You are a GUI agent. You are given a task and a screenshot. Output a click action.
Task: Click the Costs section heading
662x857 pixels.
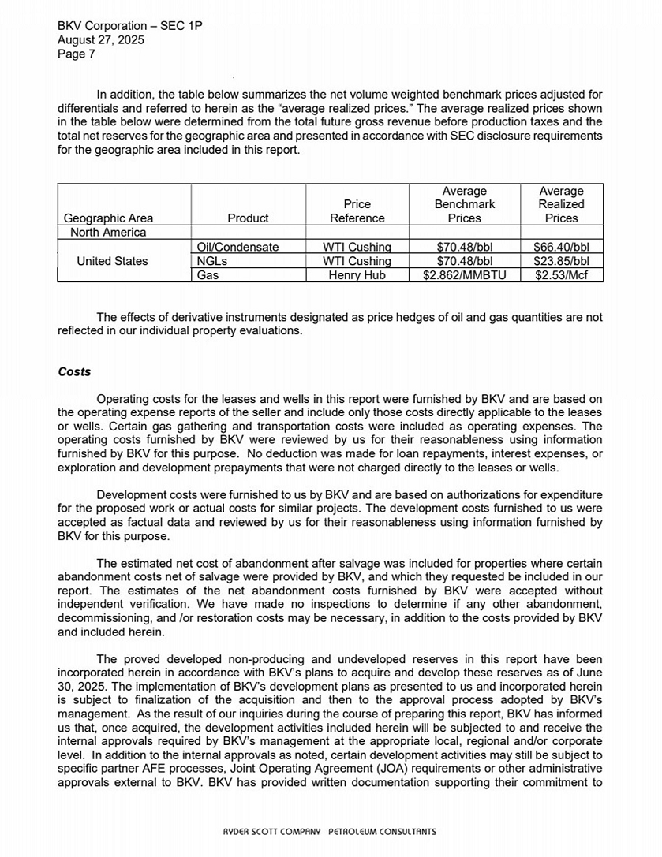74,372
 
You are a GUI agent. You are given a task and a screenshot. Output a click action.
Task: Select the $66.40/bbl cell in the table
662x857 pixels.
561,247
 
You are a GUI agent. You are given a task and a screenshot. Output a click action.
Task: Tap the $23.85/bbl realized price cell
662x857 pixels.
561,261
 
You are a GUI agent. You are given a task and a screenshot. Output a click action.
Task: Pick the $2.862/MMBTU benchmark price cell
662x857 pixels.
464,275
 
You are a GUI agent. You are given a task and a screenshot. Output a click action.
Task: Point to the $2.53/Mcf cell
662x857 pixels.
561,275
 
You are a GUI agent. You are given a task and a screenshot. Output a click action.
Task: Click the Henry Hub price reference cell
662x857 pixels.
357,275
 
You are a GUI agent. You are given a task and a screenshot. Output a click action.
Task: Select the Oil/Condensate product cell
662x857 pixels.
237,247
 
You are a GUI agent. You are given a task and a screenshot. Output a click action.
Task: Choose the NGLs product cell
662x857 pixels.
212,261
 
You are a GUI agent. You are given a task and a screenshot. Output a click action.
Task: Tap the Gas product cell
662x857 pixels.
208,275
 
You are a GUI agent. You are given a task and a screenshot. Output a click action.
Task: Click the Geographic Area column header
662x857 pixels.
108,218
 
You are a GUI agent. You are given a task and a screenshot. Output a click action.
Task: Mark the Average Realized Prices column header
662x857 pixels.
561,204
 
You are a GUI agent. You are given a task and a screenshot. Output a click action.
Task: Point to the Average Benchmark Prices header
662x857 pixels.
464,204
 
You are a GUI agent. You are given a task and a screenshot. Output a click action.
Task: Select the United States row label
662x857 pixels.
112,261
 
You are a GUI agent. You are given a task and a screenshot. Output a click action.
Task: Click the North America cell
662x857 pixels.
108,232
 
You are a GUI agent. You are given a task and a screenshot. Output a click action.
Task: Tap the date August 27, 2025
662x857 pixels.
101,40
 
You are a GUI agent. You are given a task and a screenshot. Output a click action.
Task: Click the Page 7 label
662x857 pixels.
77,54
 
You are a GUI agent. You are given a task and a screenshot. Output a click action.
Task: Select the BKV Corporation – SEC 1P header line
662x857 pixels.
130,26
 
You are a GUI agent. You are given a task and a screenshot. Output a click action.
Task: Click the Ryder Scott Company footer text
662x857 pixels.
329,831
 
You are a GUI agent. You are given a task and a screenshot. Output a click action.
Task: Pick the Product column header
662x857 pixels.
248,218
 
